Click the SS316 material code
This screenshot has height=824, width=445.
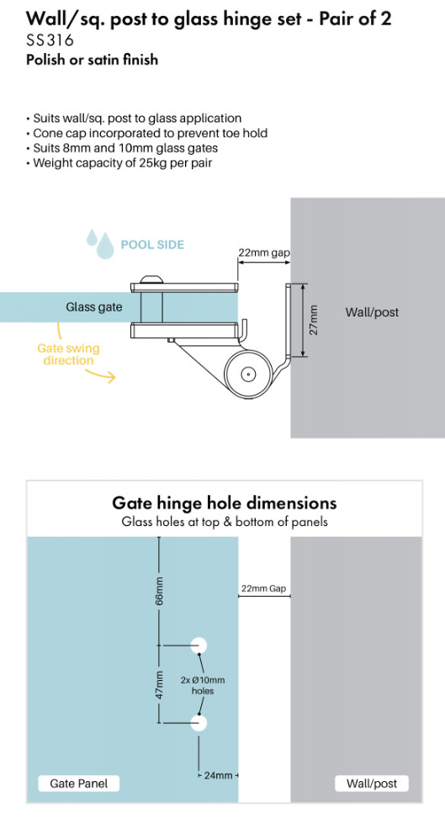coord(50,40)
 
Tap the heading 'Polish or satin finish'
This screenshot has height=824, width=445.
coord(92,60)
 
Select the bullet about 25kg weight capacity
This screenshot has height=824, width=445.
coord(119,163)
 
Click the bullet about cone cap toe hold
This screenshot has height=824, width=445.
coord(146,134)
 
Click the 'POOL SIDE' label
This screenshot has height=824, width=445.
coord(152,245)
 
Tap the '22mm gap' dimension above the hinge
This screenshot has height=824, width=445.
coord(264,253)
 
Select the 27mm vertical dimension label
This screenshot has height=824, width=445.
coord(314,320)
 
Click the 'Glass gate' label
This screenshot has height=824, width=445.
coord(93,307)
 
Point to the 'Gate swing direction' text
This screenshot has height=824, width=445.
coord(68,354)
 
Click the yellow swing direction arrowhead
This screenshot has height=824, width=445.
coord(111,377)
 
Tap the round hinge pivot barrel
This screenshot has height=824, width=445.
coord(247,375)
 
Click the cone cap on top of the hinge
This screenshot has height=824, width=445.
coord(151,279)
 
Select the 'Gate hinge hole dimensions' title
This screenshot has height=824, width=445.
coord(225,503)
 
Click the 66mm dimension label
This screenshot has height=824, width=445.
coord(160,591)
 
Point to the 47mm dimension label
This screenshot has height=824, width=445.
coord(160,684)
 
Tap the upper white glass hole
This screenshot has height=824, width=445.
coord(199,646)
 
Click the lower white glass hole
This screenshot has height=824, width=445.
coord(199,723)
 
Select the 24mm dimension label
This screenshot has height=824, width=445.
coord(219,775)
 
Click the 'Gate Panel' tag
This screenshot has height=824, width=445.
coord(79,784)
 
